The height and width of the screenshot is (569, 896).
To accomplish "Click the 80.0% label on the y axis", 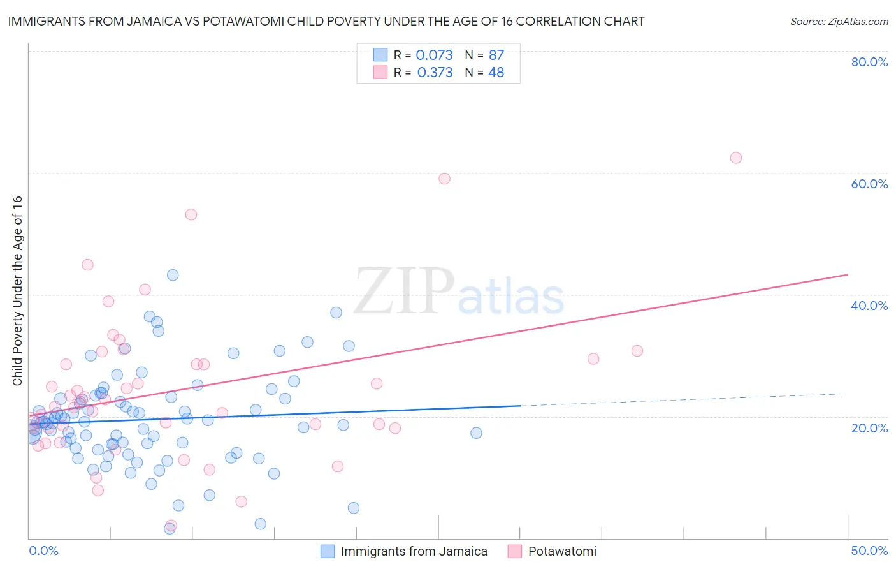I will pos(869,62).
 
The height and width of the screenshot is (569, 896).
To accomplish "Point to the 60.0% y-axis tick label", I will pos(869,184).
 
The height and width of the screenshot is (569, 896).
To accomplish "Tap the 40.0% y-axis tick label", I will pos(869,306).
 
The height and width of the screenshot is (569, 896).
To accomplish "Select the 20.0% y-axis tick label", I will pos(869,428).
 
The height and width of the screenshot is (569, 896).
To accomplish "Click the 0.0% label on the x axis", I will pos(43,551).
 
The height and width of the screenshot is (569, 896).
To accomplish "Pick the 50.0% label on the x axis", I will pos(869,551).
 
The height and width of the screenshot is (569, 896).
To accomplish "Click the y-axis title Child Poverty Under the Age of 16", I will pos(18,290).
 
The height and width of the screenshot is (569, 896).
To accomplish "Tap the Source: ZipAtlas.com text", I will pos(839,22).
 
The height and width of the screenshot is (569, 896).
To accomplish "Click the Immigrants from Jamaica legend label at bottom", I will pos(414,551).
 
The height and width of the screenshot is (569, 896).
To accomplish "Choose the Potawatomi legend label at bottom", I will pos(562,551).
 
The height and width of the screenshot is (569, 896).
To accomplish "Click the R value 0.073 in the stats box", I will pos(434,55).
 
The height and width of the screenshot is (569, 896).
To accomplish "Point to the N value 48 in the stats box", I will pos(496,73).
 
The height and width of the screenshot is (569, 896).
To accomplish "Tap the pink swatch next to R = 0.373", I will pos(380,72).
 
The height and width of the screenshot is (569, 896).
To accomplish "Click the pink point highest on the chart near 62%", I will pos(736,158).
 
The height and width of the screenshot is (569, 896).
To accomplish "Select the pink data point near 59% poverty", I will pos(444,179).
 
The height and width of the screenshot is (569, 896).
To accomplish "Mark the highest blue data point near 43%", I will pos(173,275).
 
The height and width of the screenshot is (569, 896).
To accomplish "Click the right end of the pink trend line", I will pos(848,274).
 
